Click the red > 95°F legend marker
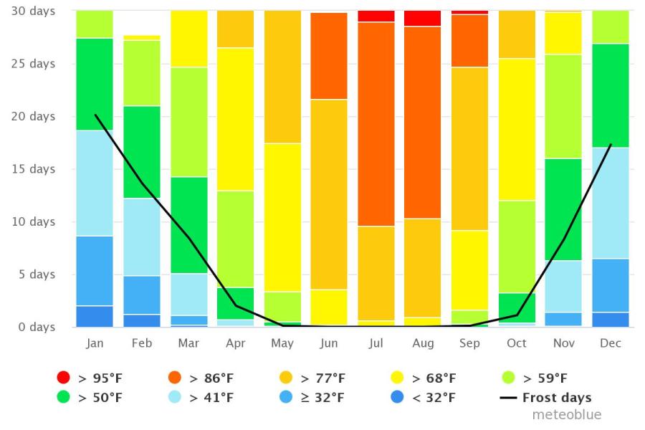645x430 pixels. (64, 378)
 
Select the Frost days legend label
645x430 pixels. (557, 398)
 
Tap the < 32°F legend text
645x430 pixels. (434, 398)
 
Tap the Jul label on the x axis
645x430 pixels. (376, 343)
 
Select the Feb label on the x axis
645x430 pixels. (142, 343)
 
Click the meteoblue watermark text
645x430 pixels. (566, 415)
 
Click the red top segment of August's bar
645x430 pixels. (423, 18)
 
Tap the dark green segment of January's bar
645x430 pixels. (95, 84)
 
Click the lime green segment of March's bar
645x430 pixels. (188, 122)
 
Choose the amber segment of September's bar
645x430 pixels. (469, 148)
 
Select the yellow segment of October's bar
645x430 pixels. (517, 129)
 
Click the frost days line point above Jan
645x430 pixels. (95, 115)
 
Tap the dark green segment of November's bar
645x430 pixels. (564, 209)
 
